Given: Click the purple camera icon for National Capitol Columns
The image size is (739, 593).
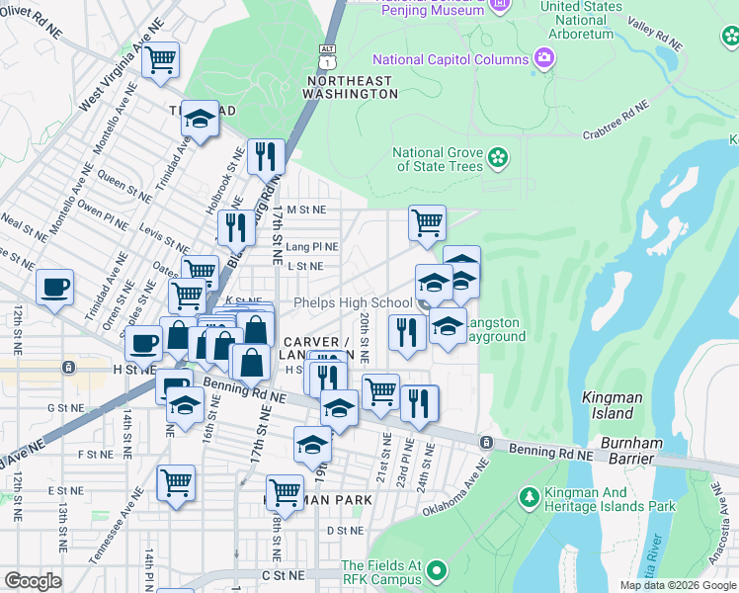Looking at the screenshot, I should (x=543, y=58).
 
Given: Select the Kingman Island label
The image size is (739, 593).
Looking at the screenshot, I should (x=613, y=405).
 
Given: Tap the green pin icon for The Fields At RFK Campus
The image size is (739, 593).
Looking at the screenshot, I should (x=434, y=570).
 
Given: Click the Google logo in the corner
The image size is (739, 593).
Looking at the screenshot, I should (x=33, y=581).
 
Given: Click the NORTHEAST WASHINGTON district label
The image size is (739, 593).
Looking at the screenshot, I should (x=352, y=87).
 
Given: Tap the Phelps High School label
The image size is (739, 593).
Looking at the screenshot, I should (x=353, y=302).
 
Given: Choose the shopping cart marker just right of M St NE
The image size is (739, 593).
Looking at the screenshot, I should (x=426, y=222).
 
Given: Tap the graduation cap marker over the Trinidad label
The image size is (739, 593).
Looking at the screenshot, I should (x=200, y=120).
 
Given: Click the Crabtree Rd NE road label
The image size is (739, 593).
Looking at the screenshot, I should (x=616, y=119).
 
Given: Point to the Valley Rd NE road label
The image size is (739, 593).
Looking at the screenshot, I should (x=655, y=35).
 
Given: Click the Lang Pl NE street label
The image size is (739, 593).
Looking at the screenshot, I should (x=313, y=247).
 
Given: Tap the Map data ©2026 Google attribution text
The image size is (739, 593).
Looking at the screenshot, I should (x=679, y=585).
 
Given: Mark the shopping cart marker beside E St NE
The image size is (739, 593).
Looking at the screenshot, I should (x=175, y=483).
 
